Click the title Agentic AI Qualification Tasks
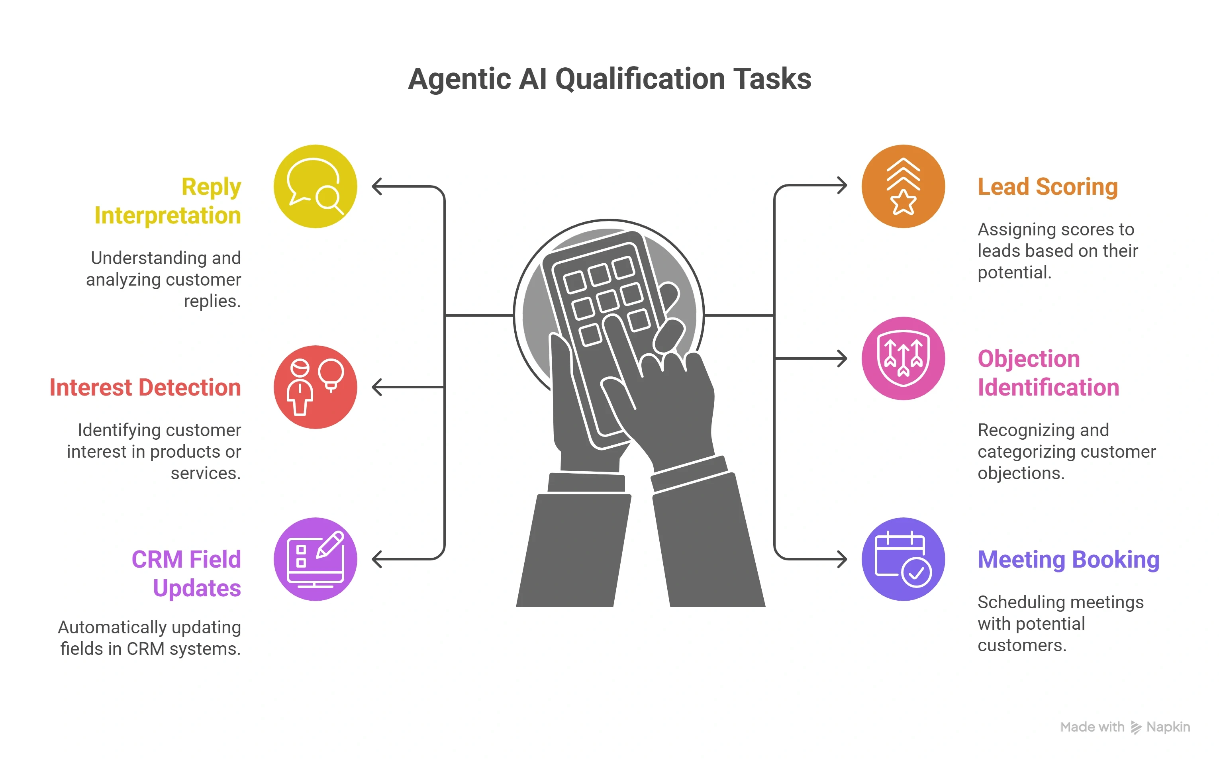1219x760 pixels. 609,79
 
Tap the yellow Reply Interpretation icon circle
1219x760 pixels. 315,186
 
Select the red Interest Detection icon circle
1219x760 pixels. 315,387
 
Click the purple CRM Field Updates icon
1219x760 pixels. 315,559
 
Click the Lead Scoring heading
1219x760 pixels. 1048,186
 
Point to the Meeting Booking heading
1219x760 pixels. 1068,559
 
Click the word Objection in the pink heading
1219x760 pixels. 1029,359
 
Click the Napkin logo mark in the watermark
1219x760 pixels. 1136,727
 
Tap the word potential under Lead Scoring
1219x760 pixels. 1014,272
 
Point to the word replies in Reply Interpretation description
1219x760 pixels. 212,301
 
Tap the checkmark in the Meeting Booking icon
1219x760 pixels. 916,572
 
